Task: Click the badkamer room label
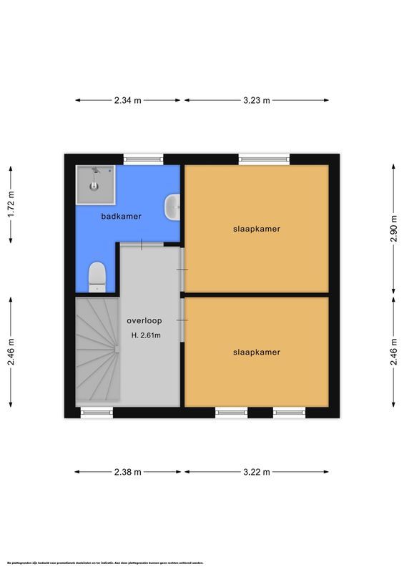pos(121,216)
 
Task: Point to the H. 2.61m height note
pos(146,335)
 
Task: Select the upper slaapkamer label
pos(256,230)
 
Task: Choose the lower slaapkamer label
pos(256,352)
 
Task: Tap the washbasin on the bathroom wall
pos(172,207)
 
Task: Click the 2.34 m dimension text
pos(128,100)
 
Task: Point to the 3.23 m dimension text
pos(256,100)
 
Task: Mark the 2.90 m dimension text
pos(393,228)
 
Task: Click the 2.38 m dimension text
pos(128,472)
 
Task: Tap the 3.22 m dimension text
pos(256,472)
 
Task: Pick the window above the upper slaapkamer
pos(265,159)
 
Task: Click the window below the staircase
pos(97,413)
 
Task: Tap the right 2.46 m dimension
pos(393,352)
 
